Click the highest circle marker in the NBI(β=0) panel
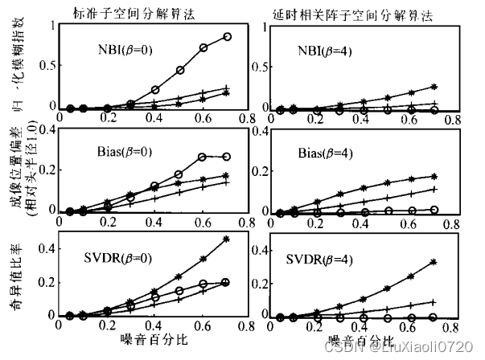228,37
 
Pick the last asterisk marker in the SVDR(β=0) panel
226,239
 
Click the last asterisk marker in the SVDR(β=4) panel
434,262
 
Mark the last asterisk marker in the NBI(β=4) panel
434,86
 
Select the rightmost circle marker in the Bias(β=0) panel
226,157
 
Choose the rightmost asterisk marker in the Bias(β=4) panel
434,176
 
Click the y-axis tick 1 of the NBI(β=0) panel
52,25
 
